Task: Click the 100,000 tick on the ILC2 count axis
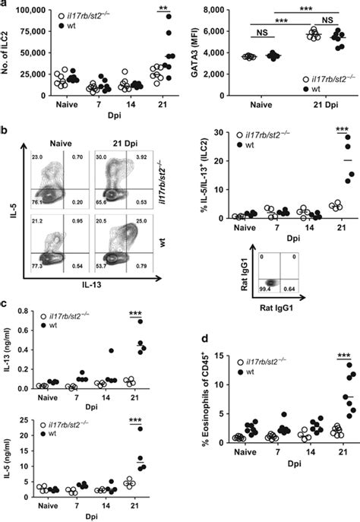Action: click(x=24, y=9)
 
